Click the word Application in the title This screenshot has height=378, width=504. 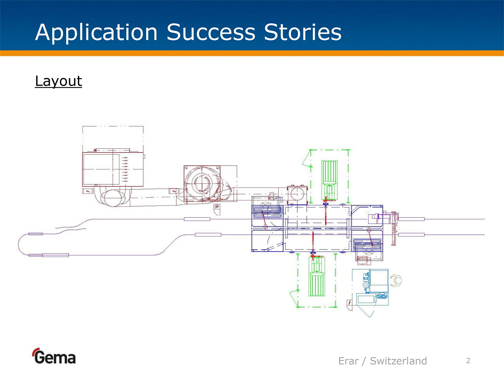(96, 32)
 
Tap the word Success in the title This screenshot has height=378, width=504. (211, 32)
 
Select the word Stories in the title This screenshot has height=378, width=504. (302, 32)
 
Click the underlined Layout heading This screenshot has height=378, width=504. (58, 81)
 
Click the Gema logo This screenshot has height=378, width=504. (54, 357)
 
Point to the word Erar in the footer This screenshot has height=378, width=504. (348, 361)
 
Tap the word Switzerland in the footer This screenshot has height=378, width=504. (398, 361)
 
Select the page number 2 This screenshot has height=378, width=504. (468, 361)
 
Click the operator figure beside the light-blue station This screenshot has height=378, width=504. (396, 281)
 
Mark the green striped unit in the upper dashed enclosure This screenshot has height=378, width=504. (329, 173)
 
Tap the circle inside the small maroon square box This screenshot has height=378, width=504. (297, 194)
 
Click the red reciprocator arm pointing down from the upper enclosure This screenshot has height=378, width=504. (325, 214)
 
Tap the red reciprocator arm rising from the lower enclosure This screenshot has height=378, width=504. (313, 243)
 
